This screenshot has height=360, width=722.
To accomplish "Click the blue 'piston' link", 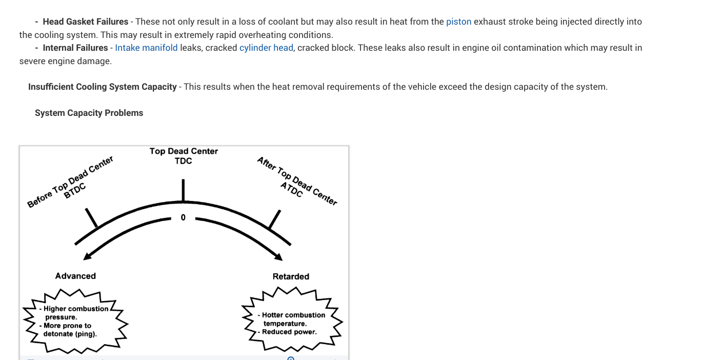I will coord(458,22).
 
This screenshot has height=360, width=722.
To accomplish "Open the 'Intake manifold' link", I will coord(146,48).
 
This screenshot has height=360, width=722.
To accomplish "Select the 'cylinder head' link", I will coord(266,48).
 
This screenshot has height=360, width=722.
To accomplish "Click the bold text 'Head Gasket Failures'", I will coord(85,22).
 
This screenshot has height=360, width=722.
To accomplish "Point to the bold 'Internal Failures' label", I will coord(75,48).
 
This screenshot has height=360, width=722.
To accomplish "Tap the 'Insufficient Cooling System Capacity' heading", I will coord(102,87).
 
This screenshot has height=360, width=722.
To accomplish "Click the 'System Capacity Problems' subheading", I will coord(89,113).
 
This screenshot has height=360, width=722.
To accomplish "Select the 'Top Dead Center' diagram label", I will coord(184,151).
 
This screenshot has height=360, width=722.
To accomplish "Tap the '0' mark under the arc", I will coord(183,218).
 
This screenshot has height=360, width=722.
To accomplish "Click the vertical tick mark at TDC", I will coord(183,191).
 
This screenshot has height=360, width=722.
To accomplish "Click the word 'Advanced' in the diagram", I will coord(75,276).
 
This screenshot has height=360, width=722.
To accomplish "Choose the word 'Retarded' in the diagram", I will coord(291,276).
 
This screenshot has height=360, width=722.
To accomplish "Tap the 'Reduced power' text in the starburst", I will coord(289,332).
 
